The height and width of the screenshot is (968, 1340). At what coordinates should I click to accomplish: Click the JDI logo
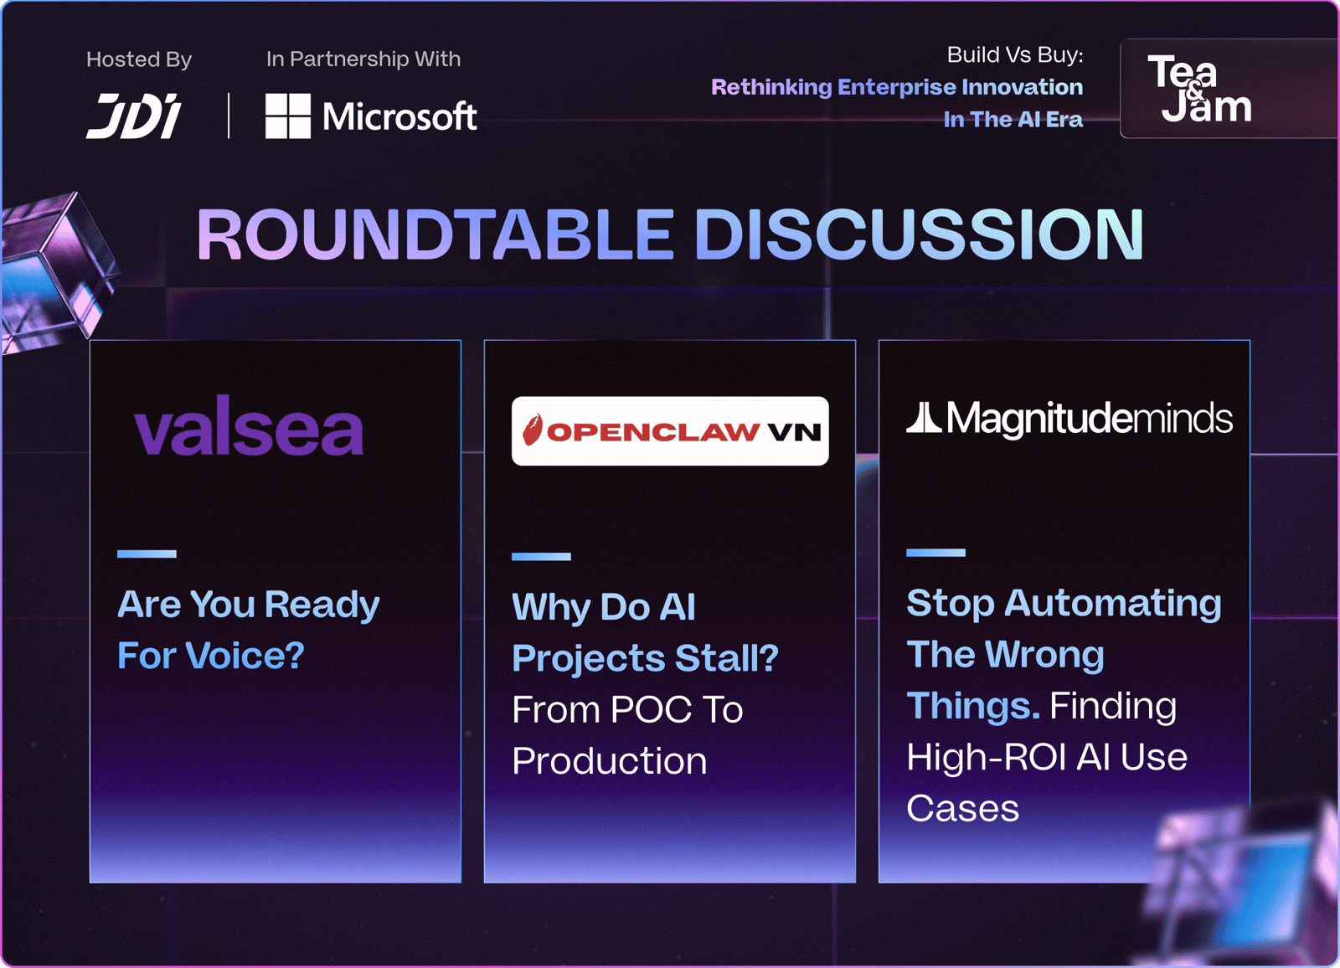point(133,116)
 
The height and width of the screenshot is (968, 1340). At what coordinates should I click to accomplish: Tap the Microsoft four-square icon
point(288,116)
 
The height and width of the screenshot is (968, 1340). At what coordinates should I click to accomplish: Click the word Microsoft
point(399,116)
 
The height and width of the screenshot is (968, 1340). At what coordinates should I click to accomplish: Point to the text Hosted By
point(139,59)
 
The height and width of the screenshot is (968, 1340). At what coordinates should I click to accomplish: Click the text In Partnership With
point(363,59)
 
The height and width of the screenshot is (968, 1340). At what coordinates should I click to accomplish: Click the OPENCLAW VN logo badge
point(670,430)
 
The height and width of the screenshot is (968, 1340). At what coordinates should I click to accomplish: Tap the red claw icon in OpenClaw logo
point(531,430)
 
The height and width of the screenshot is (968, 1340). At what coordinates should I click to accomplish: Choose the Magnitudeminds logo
point(1069,418)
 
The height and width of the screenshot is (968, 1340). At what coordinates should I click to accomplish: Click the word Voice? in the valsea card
point(245,655)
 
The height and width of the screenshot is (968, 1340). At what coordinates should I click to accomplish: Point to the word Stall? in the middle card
point(727,658)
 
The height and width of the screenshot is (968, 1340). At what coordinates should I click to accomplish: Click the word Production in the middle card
point(610,761)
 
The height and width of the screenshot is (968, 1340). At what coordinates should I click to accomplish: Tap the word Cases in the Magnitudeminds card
point(962,808)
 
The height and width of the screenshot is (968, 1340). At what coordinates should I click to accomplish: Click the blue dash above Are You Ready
point(147,554)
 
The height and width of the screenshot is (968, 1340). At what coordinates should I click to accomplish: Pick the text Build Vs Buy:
point(1014,55)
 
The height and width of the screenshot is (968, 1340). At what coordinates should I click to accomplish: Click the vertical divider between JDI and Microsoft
point(229,116)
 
